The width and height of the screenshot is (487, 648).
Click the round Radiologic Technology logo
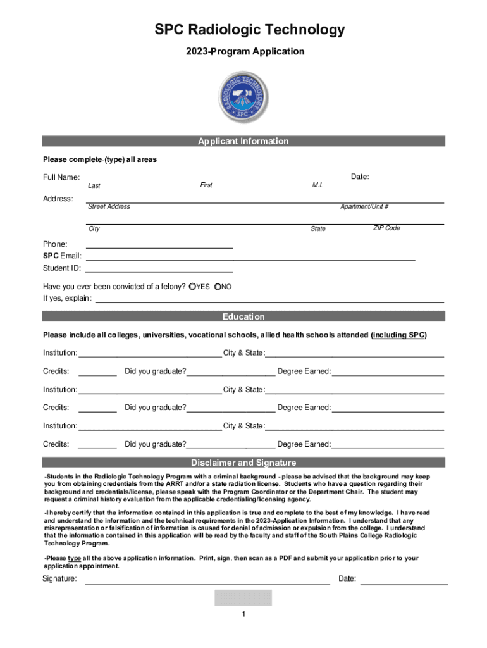click(x=243, y=96)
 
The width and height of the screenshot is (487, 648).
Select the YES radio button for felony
click(x=192, y=287)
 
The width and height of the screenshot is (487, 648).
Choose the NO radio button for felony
click(x=218, y=287)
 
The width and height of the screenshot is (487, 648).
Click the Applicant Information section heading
click(x=243, y=141)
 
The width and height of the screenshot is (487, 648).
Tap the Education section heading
click(x=243, y=316)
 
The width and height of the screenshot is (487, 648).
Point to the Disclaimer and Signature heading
click(x=243, y=463)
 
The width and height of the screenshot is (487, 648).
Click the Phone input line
click(x=159, y=246)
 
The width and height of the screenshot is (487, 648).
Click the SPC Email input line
click(x=250, y=258)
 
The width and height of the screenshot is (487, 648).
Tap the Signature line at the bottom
click(x=207, y=582)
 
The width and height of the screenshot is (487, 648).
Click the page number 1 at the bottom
click(x=243, y=614)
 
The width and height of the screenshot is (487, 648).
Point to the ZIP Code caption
click(x=386, y=228)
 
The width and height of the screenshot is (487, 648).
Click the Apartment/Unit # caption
click(x=364, y=207)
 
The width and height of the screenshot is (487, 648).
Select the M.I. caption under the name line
click(x=317, y=185)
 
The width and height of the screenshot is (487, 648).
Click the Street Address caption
click(x=109, y=207)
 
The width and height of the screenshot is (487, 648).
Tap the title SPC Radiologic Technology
click(x=243, y=30)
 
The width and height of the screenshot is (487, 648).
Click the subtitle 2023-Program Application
click(x=243, y=51)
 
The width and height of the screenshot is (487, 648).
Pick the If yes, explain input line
click(x=269, y=300)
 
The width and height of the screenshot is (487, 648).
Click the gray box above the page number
click(x=243, y=598)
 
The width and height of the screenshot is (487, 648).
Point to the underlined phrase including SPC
click(x=398, y=335)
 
